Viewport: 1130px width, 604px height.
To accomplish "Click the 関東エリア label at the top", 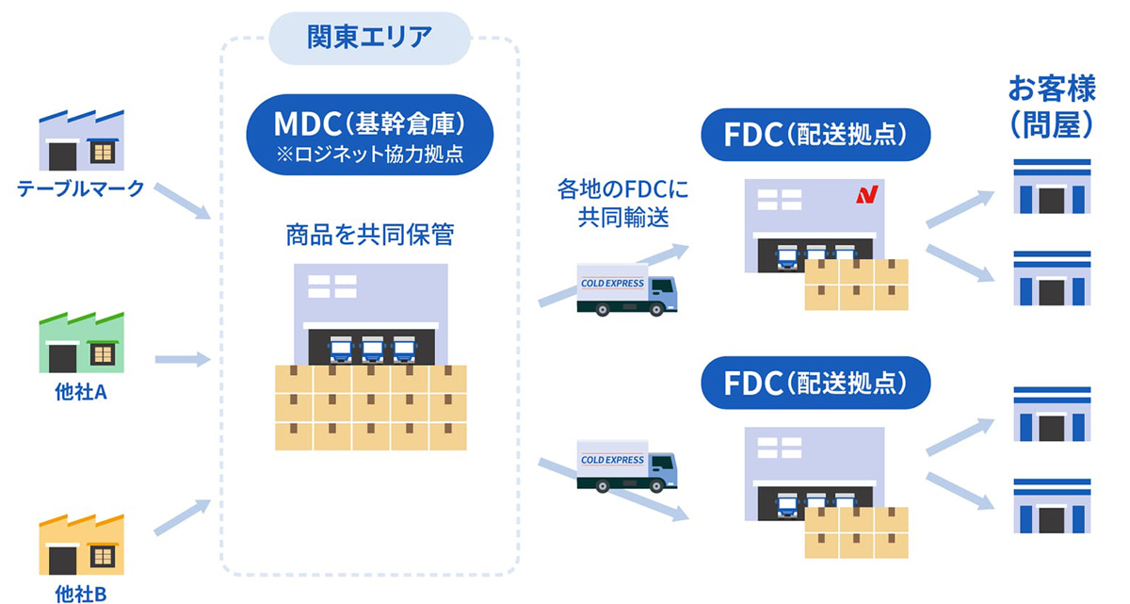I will coord(369,38).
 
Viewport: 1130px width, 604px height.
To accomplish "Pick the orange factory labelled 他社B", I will coord(81,545).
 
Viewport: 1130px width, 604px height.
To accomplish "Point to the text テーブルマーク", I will coord(81,189).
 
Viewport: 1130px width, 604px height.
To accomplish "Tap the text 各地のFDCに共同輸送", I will coord(622,203).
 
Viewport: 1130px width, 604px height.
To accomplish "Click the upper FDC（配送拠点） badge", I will coord(815,135).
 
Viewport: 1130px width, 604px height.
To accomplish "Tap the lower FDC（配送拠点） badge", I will coord(815,383).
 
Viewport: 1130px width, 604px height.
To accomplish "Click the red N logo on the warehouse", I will coord(866,196).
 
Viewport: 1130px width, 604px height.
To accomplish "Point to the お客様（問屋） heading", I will coord(1050,106).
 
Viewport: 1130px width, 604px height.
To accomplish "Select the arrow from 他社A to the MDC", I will coord(182,359).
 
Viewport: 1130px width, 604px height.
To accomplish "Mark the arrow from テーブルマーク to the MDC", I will coord(182,200).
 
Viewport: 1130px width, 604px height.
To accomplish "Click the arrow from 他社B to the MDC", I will coord(182,517).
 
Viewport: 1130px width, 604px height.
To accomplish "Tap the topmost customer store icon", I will coord(1052,186).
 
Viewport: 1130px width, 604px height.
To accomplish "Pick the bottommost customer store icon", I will coord(1052,506).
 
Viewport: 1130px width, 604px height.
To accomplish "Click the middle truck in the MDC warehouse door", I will coord(372,350).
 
